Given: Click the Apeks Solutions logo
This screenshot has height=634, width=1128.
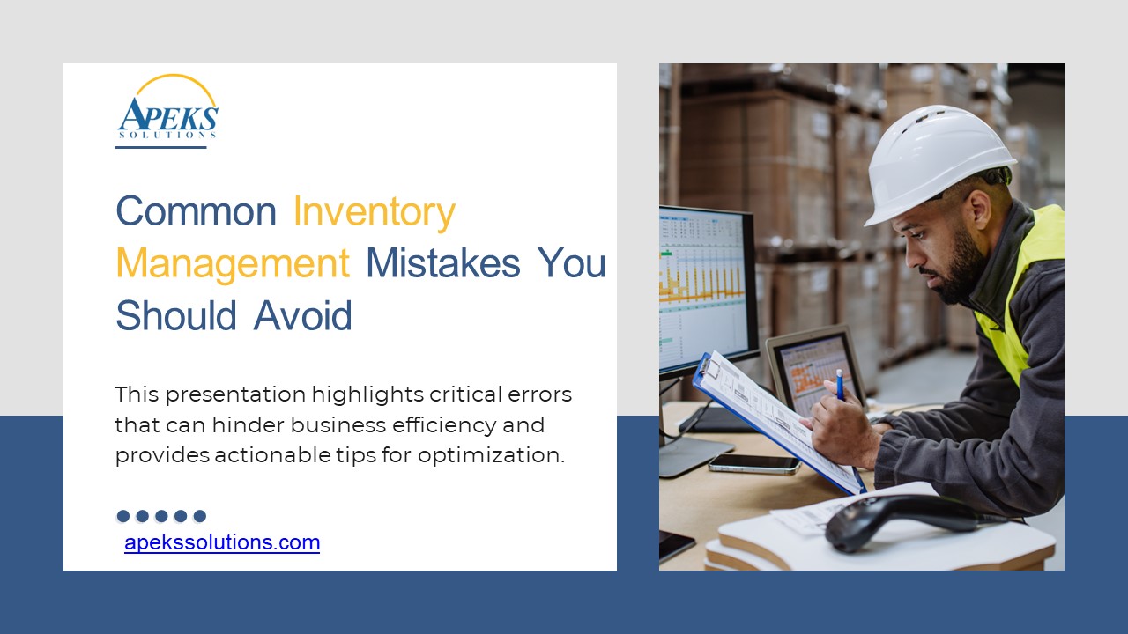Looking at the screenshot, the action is [167, 107].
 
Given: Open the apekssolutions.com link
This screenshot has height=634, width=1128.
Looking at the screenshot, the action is [222, 542].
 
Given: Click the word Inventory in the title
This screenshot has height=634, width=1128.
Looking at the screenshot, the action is [375, 212].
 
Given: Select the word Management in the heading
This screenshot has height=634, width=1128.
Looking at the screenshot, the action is [233, 263].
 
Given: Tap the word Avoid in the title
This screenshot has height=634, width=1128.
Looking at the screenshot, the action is [302, 315].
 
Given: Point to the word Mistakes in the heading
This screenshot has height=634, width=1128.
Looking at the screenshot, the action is [442, 262].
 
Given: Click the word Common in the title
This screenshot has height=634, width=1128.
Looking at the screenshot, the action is [196, 210].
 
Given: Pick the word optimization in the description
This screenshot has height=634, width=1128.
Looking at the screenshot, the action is [492, 455].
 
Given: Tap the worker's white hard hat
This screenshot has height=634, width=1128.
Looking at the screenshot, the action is [939, 162].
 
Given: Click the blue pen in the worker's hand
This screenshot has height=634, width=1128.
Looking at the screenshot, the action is [840, 385].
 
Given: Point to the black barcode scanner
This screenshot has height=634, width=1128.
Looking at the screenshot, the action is [907, 520].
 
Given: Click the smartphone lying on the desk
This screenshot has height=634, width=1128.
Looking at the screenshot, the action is [754, 463].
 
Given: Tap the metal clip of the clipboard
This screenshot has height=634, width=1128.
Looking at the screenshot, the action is [710, 367].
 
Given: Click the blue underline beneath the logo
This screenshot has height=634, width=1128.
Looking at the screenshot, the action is [160, 147].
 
